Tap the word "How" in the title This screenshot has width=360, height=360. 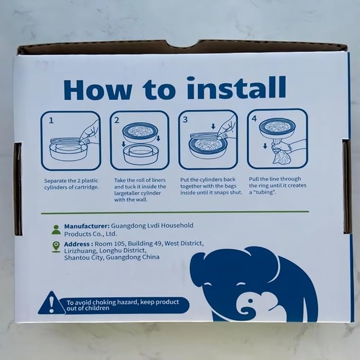point(98,90)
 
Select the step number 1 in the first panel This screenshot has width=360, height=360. point(51,120)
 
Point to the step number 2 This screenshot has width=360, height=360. point(117,120)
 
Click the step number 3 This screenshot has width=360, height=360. point(185,120)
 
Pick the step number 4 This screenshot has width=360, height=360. point(254,119)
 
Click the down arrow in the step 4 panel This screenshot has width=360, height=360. point(265,146)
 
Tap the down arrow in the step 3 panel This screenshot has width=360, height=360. point(213,126)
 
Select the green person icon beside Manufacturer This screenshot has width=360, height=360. point(56,230)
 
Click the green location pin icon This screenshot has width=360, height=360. point(56,247)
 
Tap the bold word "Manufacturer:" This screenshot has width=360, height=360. point(87,226)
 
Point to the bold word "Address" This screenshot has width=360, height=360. point(77,244)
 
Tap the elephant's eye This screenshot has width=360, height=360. point(250,301)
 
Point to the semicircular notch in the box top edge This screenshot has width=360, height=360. point(185,45)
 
